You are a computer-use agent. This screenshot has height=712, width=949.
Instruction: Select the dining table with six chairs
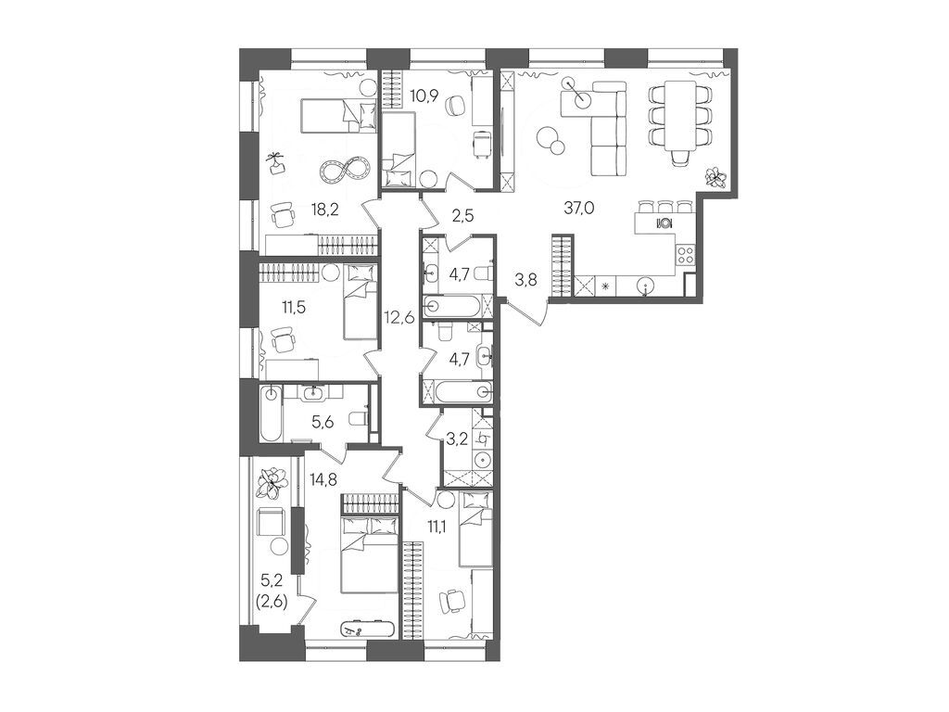click(681, 115)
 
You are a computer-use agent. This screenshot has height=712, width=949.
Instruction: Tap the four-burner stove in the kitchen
click(686, 253)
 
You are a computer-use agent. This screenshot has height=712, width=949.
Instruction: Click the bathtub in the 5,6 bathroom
click(269, 413)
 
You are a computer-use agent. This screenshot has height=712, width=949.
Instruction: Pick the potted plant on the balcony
click(272, 482)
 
